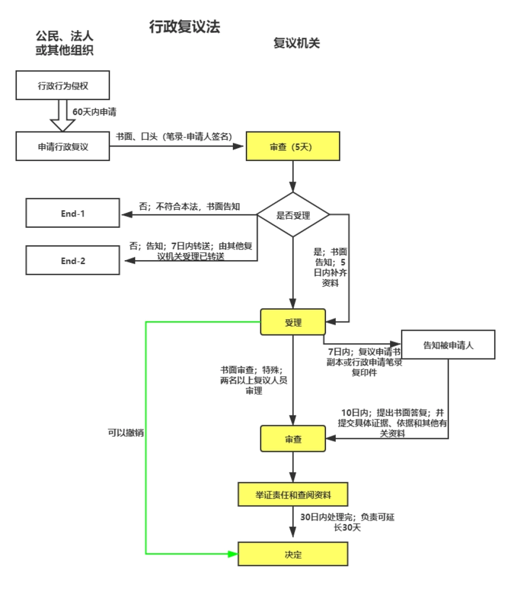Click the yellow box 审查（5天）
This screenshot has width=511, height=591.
coord(293,147)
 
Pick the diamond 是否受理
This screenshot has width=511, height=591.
coord(293,214)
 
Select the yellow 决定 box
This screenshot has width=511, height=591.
coord(293,554)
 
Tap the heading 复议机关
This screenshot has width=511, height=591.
coord(297,44)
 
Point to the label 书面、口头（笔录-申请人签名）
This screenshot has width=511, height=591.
coord(173,137)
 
